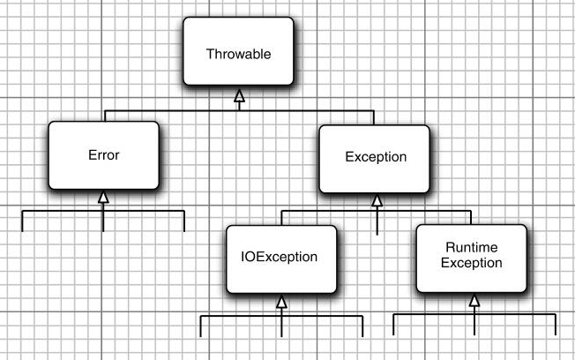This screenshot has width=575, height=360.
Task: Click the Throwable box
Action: (237, 53)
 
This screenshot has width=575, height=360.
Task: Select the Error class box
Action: (103, 155)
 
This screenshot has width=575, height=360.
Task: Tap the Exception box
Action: (376, 157)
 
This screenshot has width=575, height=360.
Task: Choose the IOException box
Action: (281, 259)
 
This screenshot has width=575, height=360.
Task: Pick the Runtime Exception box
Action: (472, 258)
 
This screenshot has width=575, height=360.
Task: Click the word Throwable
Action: (237, 54)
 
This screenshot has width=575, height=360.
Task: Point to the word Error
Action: (103, 155)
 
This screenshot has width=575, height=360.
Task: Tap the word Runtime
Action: (472, 250)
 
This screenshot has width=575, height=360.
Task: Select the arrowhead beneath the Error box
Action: (103, 197)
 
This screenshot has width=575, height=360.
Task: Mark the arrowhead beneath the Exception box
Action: (377, 200)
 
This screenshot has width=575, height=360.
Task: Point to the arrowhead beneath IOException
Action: (282, 302)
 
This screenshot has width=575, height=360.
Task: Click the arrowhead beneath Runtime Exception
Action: (474, 301)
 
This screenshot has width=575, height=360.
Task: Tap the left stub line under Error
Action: (22, 221)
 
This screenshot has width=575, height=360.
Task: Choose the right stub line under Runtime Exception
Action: (556, 325)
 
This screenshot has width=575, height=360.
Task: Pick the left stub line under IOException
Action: (201, 326)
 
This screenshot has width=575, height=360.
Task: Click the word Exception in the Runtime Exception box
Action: (472, 263)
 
